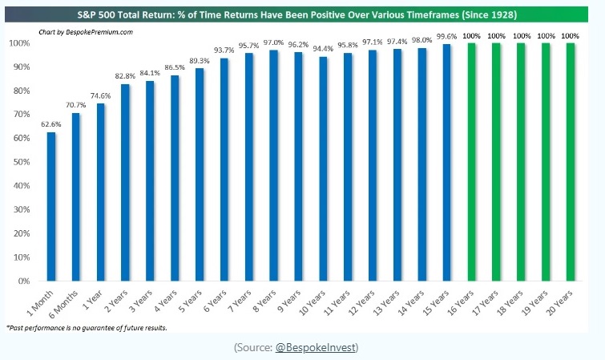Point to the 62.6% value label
point(51,124)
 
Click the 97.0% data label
point(274,41)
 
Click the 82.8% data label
point(125,75)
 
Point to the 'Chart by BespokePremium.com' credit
point(86,31)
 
